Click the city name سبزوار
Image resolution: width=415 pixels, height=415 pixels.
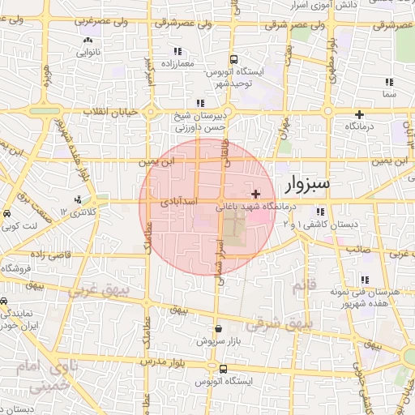(307, 185)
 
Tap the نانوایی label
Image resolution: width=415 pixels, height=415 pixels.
(88, 53)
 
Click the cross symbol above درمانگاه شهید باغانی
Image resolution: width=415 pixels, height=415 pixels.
(256, 194)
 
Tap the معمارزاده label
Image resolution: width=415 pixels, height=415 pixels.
(179, 63)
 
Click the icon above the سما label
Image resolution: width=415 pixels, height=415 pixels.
(389, 82)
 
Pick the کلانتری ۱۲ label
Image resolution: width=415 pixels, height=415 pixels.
(78, 212)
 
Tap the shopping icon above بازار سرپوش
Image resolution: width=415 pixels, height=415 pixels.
(219, 328)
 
